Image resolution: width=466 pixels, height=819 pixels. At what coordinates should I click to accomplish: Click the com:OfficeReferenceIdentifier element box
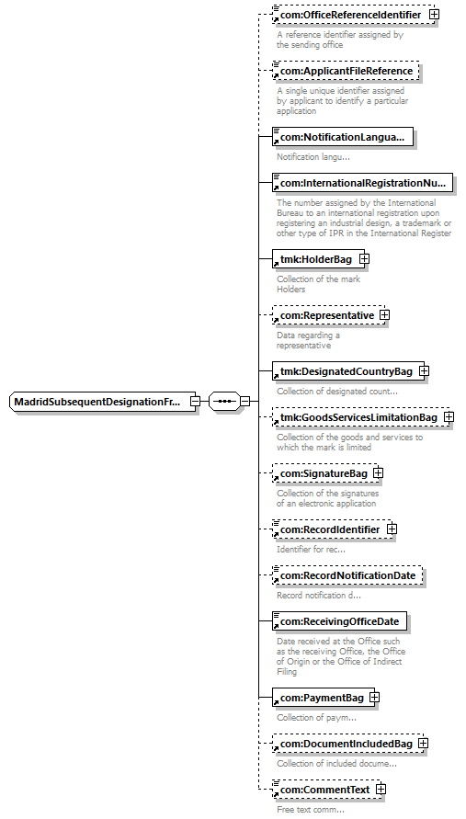(x=353, y=15)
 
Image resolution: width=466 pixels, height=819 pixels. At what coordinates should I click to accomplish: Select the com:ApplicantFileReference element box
(x=346, y=71)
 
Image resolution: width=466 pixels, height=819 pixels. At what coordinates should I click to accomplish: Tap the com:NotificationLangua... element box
(x=343, y=137)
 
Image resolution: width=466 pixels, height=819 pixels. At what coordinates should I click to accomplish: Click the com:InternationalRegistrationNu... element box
(x=362, y=183)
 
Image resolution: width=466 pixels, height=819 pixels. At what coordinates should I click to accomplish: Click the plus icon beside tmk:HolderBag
(x=364, y=259)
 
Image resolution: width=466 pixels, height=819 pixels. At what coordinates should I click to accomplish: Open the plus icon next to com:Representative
(x=384, y=315)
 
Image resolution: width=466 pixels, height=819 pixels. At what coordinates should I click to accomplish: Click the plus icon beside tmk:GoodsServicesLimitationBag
(x=449, y=417)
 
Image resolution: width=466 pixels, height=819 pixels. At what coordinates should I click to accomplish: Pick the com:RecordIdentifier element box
(x=332, y=529)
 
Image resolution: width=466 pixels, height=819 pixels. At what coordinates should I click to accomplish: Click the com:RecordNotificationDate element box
(x=347, y=575)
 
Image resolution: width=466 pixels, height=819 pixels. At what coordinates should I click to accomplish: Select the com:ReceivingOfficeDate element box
(x=339, y=621)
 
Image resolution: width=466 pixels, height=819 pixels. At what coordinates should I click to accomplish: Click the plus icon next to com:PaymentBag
(x=374, y=698)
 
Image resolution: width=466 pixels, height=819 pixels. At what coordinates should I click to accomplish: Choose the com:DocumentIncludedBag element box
(x=348, y=744)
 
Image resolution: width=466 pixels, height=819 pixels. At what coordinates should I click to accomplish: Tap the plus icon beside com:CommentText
(x=381, y=790)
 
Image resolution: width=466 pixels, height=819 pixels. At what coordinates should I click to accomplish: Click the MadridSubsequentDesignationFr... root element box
(x=103, y=402)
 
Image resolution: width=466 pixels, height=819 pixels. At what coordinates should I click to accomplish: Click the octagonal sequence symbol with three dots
(x=224, y=402)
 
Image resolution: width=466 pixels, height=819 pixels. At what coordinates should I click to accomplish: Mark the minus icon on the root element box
(x=195, y=402)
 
